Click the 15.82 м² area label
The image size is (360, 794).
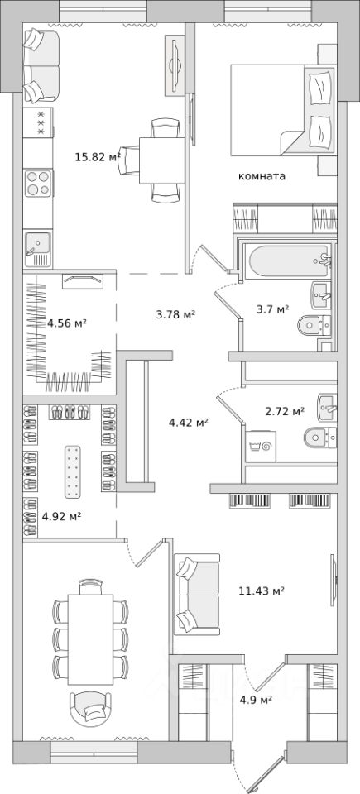point(98,157)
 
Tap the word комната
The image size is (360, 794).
point(262,176)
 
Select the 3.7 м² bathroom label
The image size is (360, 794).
point(272,309)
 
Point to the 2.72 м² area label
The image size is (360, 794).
point(285,411)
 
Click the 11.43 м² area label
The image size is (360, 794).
point(262,591)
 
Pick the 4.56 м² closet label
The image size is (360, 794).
point(66,322)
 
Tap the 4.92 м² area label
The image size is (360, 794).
point(62,516)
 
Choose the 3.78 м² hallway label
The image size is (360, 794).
point(176,315)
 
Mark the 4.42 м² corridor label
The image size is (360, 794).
point(189,422)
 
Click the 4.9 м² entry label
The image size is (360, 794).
point(256,700)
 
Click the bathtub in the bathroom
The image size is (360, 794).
point(286,262)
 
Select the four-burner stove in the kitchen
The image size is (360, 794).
point(38,184)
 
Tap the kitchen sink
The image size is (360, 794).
point(38,249)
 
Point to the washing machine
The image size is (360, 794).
point(261,446)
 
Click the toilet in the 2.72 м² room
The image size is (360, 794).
point(320,437)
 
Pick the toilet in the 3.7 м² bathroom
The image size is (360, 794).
point(314,323)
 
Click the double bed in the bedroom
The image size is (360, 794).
point(283,110)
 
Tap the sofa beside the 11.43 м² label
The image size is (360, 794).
point(197,594)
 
